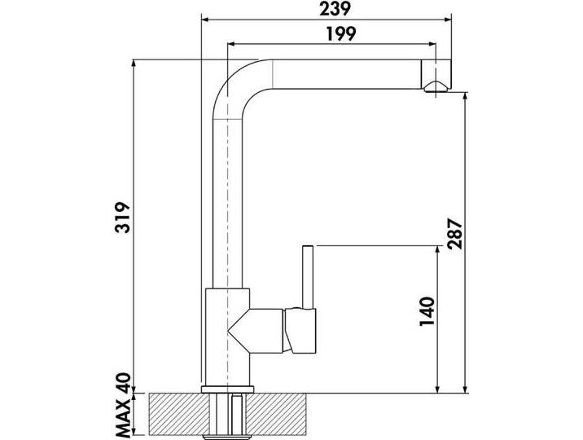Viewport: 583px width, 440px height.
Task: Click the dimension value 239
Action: [x=324, y=9]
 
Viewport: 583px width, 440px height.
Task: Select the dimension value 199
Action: [x=324, y=35]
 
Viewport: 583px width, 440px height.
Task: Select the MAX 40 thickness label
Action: [x=122, y=406]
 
